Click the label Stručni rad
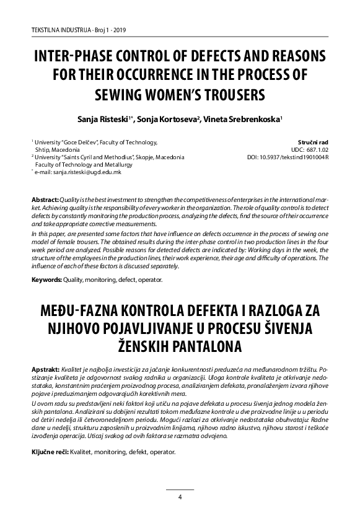[313, 143]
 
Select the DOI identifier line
[288, 158]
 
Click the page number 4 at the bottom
[180, 497]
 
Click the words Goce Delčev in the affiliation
[91, 143]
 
